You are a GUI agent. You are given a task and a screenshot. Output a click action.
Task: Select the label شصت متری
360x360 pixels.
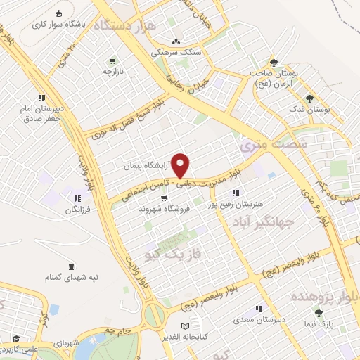point(264,143)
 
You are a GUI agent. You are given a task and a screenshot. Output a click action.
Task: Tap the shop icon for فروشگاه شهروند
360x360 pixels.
point(164,198)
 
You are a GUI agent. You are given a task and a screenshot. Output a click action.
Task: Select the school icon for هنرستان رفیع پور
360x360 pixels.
point(236,193)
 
